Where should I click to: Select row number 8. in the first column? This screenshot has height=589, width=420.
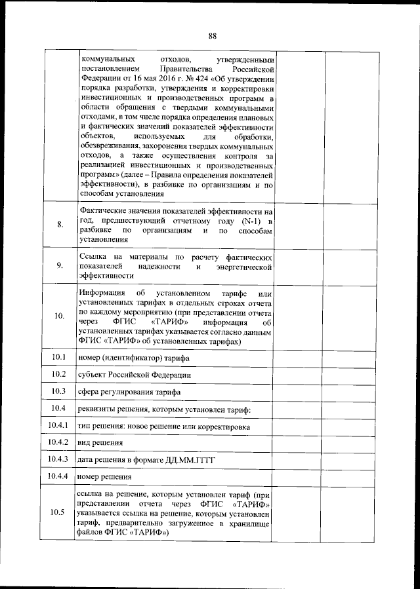[60, 225]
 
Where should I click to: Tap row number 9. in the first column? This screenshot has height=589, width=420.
[60, 265]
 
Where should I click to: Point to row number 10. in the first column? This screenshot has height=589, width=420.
[60, 316]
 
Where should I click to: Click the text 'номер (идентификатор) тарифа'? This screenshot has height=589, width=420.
[132, 358]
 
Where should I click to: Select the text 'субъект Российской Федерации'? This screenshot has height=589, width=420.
[134, 375]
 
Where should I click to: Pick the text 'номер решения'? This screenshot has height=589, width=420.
[104, 477]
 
